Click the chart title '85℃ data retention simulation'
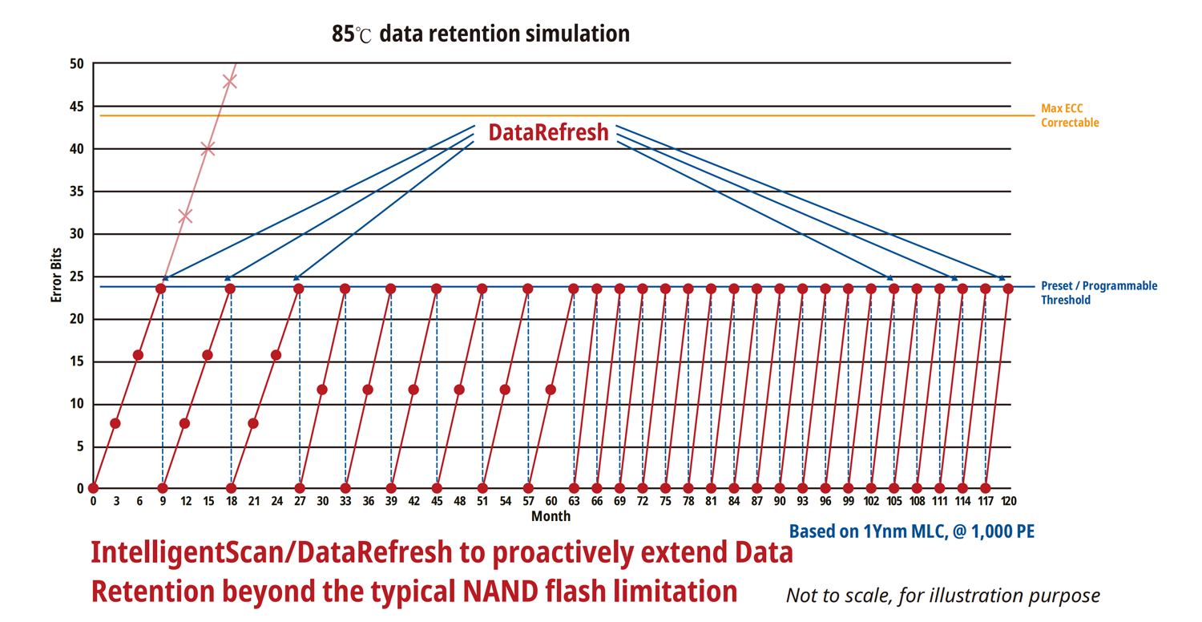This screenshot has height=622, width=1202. (480, 34)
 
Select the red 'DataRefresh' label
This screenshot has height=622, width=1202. (548, 132)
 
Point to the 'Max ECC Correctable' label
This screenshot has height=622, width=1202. (1070, 115)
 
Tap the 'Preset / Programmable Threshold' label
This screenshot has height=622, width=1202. (1099, 293)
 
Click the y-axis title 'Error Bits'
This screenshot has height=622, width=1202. (57, 275)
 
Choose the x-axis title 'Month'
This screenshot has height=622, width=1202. (551, 516)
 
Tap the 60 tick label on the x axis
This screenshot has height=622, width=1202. (551, 501)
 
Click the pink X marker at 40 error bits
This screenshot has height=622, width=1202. (208, 149)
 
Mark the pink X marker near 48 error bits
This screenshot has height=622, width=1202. (230, 81)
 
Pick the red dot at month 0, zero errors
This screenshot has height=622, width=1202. (93, 488)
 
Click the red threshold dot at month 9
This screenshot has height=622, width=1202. (161, 289)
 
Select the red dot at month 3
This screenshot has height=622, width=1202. (115, 423)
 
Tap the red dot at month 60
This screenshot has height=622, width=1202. (551, 390)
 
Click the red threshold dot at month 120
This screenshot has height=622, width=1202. (1008, 289)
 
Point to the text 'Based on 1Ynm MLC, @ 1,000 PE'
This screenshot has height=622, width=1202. (912, 531)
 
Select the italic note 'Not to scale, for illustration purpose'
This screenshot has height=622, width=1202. (942, 596)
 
